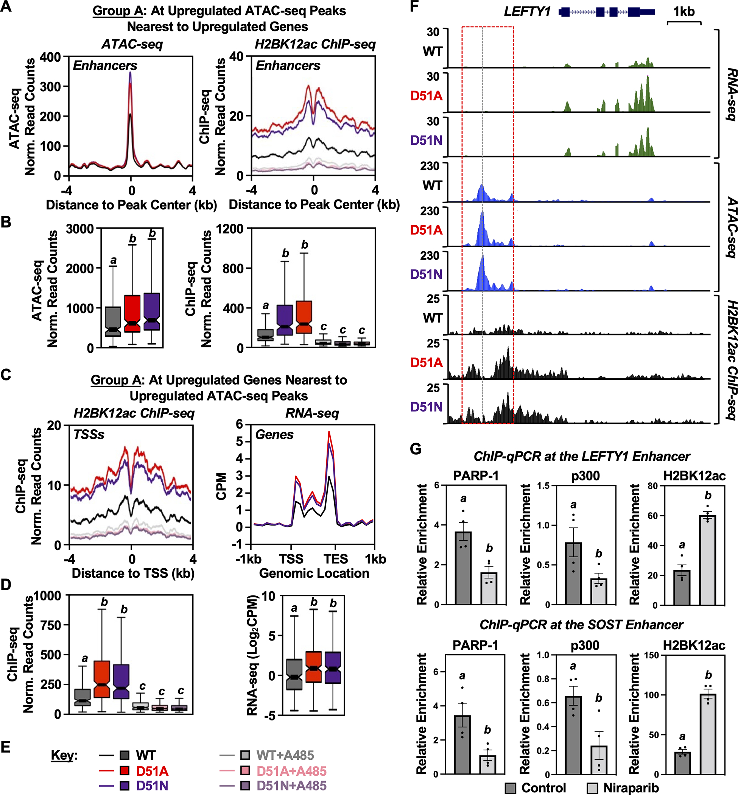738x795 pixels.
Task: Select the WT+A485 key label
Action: click(285, 755)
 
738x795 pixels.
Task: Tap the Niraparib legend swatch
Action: click(592, 788)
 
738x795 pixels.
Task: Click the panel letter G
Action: click(416, 449)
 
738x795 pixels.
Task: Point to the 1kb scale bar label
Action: click(684, 12)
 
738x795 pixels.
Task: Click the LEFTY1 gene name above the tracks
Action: click(527, 12)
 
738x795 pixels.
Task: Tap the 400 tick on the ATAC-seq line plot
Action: click(50, 57)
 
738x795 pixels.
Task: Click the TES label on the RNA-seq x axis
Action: click(335, 558)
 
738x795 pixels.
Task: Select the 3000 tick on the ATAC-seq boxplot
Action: click(80, 229)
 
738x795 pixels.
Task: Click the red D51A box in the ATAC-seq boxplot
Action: click(132, 313)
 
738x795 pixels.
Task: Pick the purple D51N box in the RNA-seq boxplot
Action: click(333, 667)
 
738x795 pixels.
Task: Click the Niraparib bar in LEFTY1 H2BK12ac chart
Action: click(708, 560)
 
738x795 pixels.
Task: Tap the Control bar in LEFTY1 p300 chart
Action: click(573, 573)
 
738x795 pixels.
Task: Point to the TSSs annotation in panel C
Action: click(89, 434)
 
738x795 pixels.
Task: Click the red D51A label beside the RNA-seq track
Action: click(427, 96)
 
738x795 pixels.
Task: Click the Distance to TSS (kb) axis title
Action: click(133, 573)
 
